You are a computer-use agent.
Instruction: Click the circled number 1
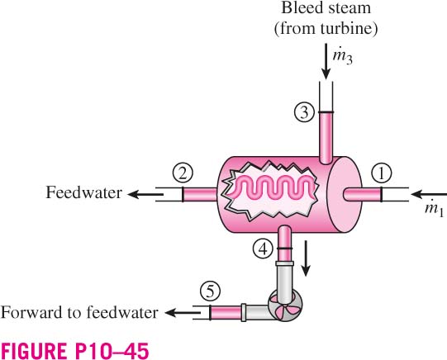382,173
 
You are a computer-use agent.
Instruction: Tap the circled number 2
183,173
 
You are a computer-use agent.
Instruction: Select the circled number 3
304,112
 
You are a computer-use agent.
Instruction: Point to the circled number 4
263,249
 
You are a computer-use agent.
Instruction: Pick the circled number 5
211,291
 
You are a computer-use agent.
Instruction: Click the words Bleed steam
326,7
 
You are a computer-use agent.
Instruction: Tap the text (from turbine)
326,28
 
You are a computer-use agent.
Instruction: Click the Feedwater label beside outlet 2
83,192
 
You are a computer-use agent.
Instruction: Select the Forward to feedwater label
79,312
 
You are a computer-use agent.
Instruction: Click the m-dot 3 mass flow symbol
343,57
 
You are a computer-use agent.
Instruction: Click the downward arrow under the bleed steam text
326,61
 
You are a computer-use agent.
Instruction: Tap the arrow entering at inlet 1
429,195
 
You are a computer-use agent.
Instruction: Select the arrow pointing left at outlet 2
145,195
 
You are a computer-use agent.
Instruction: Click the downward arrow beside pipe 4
306,258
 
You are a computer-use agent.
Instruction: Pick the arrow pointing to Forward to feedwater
183,313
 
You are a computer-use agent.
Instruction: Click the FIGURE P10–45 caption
74,351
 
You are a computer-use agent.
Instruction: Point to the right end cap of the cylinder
345,195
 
